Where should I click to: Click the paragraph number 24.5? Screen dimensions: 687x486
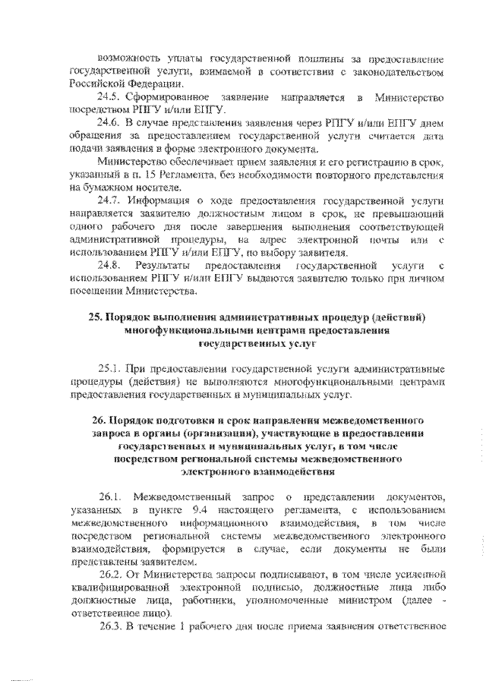coord(108,99)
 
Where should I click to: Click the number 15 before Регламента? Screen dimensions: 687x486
coord(147,175)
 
